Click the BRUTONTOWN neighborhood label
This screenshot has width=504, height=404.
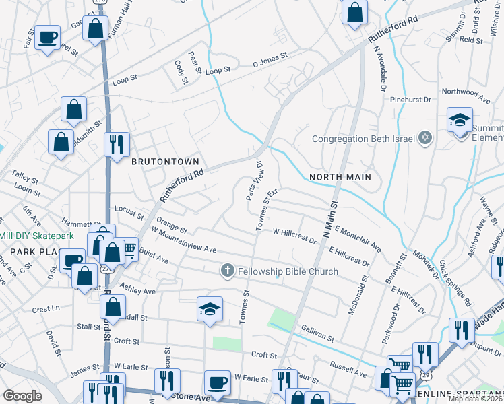165,162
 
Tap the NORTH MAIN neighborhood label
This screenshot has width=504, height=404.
340,177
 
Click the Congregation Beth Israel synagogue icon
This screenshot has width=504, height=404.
424,139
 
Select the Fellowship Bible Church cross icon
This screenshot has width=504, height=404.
228,271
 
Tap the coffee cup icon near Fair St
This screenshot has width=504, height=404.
47,37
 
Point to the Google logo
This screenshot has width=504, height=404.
22,395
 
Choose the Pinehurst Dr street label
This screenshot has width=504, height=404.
410,100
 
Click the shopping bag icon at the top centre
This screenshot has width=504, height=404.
354,12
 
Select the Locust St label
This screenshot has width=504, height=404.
129,213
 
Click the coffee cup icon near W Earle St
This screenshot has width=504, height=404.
217,382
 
